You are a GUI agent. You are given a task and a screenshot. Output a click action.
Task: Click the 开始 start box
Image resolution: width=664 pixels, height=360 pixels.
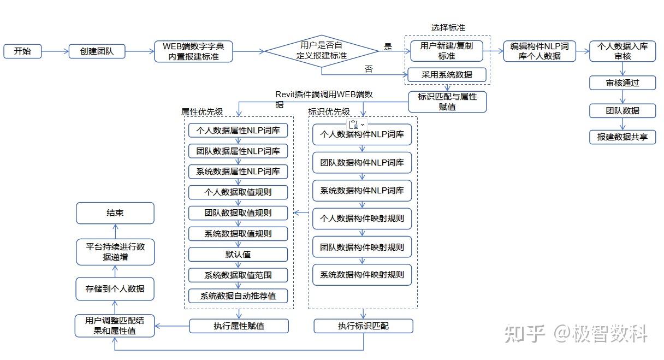tap(22, 51)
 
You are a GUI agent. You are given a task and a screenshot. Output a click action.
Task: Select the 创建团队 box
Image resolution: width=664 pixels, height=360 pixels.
tap(98, 51)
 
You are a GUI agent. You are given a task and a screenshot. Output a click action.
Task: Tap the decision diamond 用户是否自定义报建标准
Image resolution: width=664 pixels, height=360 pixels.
tap(321, 51)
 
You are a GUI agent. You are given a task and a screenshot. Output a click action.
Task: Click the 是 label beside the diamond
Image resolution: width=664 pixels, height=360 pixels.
tap(388, 47)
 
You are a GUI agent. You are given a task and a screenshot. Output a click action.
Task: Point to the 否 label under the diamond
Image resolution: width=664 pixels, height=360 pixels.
tap(369, 69)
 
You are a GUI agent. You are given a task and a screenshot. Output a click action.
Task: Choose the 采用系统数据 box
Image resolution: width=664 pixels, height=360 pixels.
tap(447, 75)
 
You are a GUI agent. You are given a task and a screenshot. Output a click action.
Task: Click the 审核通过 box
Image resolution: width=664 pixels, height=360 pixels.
tap(622, 83)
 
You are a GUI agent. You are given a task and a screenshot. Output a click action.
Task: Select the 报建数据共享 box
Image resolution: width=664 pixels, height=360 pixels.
tap(622, 137)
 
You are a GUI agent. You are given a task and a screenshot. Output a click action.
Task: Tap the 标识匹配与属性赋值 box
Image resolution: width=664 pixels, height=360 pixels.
tap(447, 102)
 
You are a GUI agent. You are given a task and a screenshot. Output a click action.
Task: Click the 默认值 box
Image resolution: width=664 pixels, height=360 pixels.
tap(238, 255)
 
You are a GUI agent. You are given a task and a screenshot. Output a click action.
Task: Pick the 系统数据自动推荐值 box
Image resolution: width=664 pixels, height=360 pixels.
tap(238, 296)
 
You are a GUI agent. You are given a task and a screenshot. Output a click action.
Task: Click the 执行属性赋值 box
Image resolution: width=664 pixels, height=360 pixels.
tap(239, 326)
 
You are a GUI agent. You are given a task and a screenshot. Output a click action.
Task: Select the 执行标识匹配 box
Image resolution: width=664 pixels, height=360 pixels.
tap(363, 326)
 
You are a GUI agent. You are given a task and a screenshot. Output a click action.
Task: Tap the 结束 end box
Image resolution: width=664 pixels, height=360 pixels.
tap(115, 213)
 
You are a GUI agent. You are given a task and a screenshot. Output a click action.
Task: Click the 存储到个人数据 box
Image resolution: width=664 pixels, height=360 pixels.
tap(115, 288)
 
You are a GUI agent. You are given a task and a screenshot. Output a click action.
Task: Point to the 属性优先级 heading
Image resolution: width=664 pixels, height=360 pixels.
tap(202, 112)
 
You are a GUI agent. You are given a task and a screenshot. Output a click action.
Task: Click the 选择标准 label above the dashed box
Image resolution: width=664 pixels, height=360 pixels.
tap(448, 28)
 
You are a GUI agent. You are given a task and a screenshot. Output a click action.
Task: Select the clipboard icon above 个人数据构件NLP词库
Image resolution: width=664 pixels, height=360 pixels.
tap(354, 125)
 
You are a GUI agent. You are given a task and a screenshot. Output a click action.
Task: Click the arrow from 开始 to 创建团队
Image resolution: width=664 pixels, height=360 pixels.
tap(55, 52)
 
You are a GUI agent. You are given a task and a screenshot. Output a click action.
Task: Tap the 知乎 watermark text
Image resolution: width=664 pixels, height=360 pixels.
tap(524, 333)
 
